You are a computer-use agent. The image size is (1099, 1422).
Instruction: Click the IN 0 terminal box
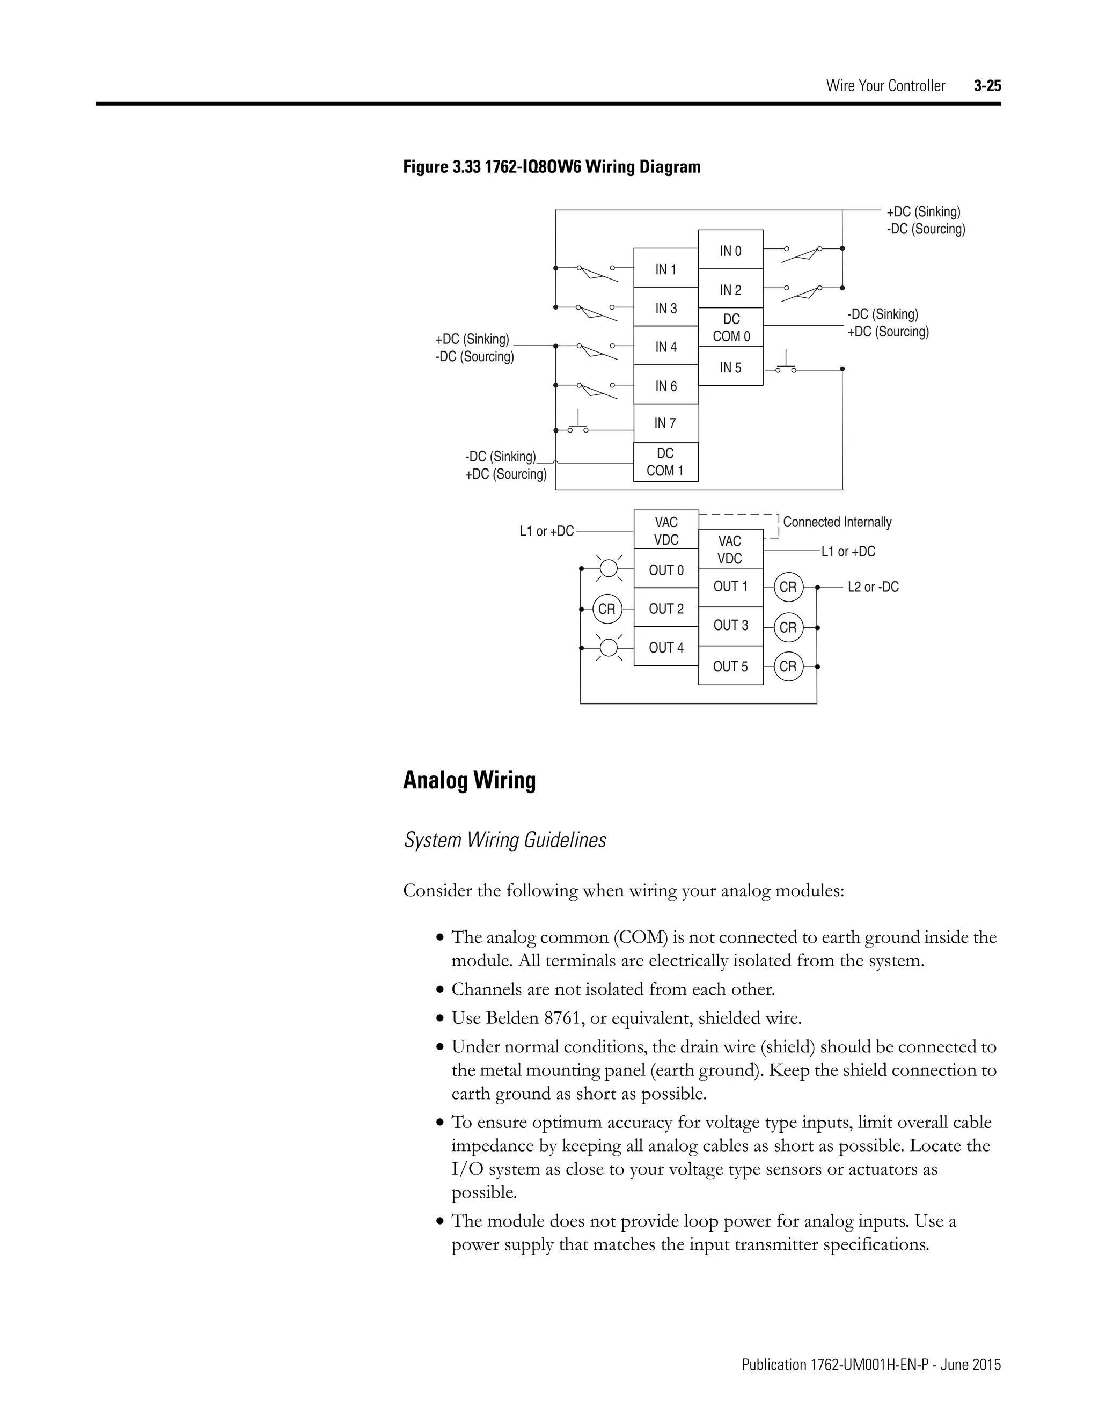click(x=730, y=250)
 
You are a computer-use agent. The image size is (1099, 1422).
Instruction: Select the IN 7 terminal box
click(x=665, y=423)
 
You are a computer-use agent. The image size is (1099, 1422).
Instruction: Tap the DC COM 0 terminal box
click(x=730, y=327)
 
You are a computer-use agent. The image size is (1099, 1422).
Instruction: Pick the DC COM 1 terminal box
click(x=665, y=461)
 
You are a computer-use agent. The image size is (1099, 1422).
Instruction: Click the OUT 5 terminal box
click(x=730, y=665)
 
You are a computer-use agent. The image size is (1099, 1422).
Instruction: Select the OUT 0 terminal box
click(x=665, y=570)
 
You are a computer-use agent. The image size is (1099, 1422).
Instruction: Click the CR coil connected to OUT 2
click(x=607, y=609)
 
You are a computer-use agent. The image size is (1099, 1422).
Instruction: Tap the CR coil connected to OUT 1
click(x=788, y=587)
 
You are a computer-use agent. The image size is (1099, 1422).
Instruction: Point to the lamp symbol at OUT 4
click(x=608, y=647)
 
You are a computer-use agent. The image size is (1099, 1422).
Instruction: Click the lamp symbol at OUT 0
click(x=608, y=568)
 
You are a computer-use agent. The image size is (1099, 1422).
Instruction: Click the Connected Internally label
click(x=837, y=522)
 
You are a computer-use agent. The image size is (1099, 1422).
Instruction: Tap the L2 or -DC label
click(x=873, y=587)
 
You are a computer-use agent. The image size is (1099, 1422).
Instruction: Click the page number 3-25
click(x=987, y=85)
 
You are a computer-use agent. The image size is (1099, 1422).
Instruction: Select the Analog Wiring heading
click(x=469, y=779)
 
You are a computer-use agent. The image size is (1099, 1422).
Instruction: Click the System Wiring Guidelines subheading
click(x=504, y=840)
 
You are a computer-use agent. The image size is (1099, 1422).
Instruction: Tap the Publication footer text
click(x=870, y=1364)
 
